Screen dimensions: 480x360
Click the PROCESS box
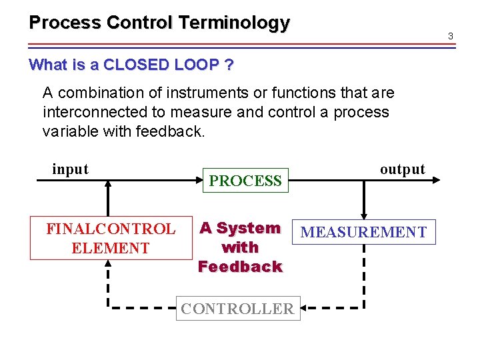245,181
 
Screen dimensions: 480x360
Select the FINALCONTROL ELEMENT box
111,239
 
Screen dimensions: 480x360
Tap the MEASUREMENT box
363,232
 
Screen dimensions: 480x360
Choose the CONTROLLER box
237,309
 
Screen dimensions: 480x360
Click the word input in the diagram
70,169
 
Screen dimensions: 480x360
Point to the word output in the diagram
402,169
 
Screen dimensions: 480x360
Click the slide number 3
451,35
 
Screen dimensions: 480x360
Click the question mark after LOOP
229,65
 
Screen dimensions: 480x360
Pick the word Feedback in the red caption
240,267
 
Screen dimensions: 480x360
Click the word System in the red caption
248,228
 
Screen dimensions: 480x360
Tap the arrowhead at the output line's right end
437,179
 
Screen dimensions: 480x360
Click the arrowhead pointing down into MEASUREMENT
363,214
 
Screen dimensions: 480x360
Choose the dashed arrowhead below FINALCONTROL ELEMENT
108,264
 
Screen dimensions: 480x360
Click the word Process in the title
65,23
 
